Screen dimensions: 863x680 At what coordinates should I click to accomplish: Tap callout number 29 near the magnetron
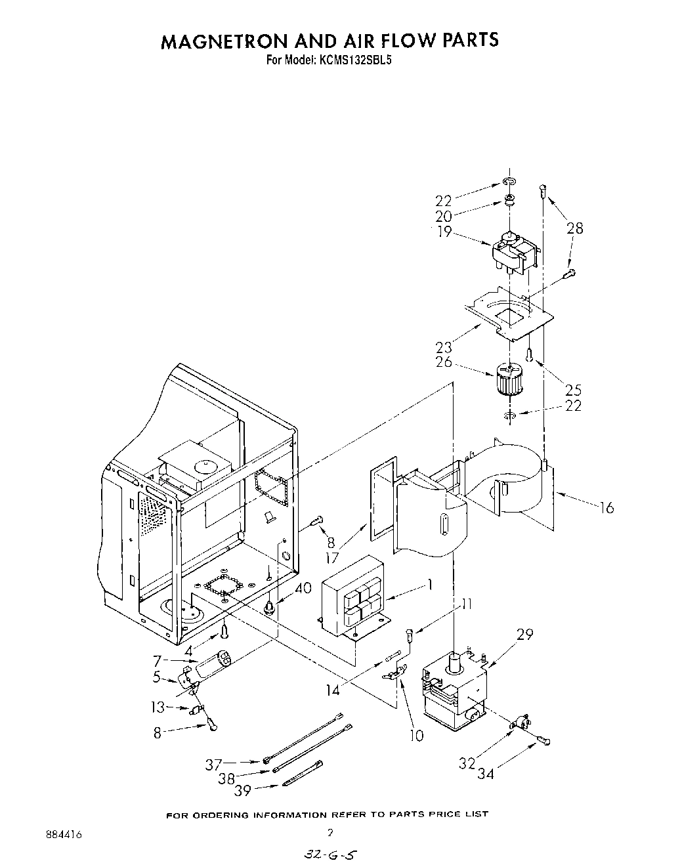pyautogui.click(x=524, y=635)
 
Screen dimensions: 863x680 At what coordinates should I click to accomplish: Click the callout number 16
pyautogui.click(x=606, y=507)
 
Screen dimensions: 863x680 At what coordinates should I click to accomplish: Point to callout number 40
pyautogui.click(x=303, y=589)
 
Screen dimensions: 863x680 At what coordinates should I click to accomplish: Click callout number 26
pyautogui.click(x=444, y=361)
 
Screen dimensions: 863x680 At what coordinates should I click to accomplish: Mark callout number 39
pyautogui.click(x=243, y=791)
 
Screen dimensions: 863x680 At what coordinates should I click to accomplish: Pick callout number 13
pyautogui.click(x=158, y=707)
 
